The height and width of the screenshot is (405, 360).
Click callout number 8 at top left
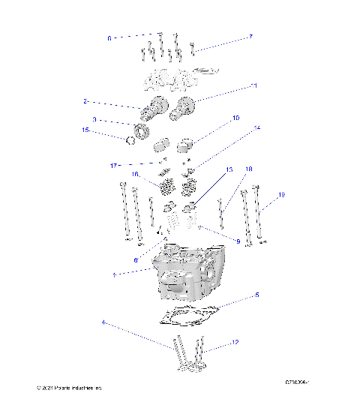point(109,37)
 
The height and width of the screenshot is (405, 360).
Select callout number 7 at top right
point(250,37)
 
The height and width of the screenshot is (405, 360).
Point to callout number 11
point(254,86)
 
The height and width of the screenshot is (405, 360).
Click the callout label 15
point(85,130)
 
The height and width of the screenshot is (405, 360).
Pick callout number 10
point(235,118)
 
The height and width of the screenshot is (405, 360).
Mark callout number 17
point(112,165)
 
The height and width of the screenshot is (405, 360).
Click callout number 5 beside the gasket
point(256,295)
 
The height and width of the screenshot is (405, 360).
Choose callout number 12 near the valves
point(235,343)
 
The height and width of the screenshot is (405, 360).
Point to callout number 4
point(103,323)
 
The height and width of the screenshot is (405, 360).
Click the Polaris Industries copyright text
point(69,388)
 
